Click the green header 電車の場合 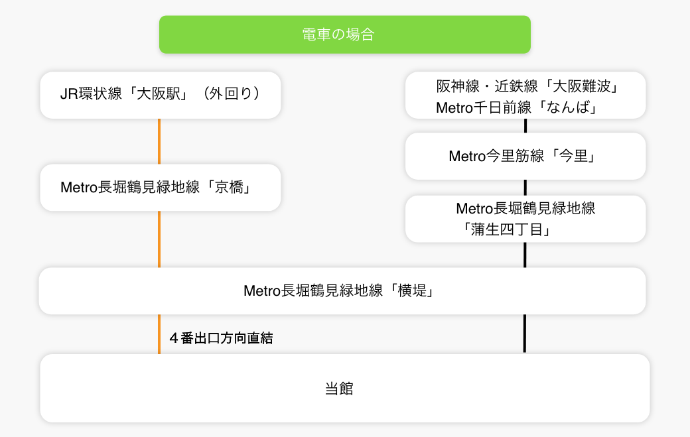point(344,34)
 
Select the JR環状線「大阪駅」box point(160,95)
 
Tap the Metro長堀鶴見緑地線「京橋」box point(160,188)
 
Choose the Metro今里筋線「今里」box point(525,156)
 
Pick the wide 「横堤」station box point(342,291)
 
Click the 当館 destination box point(344,389)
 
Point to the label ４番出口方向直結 point(221,338)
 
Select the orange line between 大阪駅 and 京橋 point(159,141)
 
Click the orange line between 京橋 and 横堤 point(159,239)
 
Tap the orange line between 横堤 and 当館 point(159,334)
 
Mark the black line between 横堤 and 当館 point(525,334)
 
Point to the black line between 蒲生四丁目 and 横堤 point(525,255)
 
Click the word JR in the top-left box point(69,94)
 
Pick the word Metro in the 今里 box point(468,156)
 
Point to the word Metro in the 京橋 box point(79,188)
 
